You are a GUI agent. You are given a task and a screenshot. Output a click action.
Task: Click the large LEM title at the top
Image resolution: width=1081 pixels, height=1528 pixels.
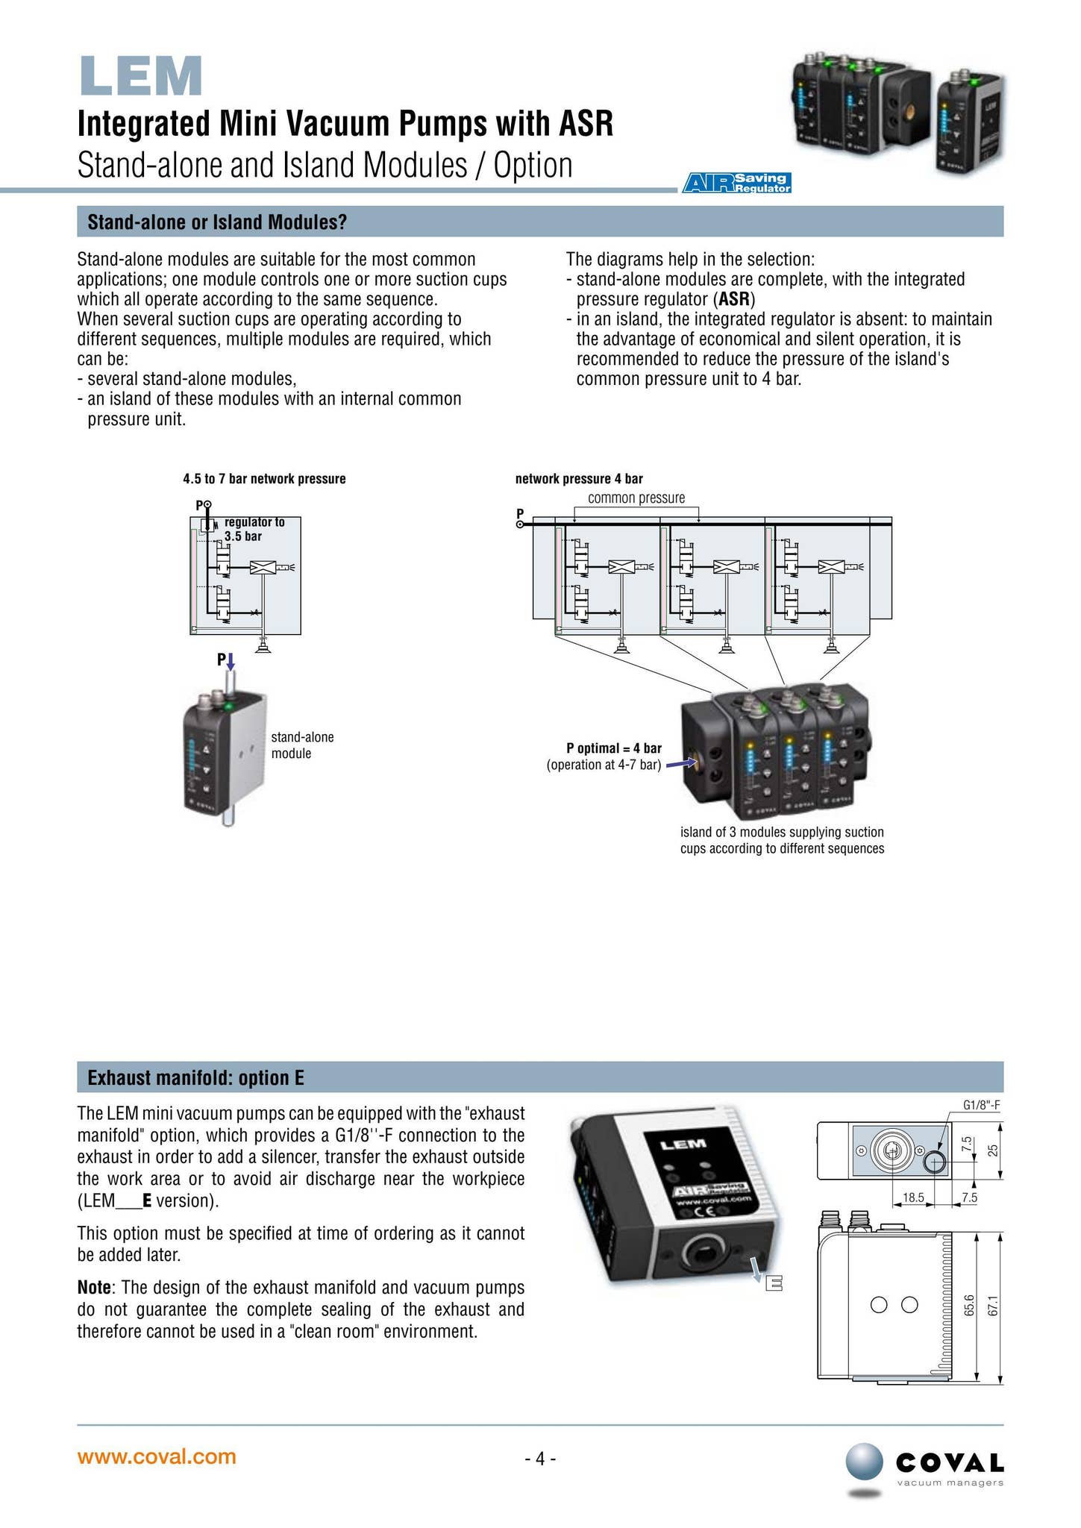click(141, 77)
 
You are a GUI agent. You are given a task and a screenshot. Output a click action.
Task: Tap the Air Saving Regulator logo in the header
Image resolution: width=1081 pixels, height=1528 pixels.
click(736, 183)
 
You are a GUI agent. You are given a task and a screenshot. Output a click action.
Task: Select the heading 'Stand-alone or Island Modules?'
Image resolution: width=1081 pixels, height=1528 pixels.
click(217, 222)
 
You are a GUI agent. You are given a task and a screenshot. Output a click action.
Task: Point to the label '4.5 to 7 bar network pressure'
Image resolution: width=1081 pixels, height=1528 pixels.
click(264, 479)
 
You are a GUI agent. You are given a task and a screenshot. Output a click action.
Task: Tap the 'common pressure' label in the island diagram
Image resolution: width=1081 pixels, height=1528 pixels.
click(636, 498)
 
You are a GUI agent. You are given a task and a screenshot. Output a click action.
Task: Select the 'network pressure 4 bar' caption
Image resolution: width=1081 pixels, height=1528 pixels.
click(579, 479)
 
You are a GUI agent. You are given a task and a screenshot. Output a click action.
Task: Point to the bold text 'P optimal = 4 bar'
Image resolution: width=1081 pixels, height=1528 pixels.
click(613, 748)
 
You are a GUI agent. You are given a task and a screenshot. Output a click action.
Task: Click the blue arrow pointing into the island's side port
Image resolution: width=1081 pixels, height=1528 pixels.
click(680, 764)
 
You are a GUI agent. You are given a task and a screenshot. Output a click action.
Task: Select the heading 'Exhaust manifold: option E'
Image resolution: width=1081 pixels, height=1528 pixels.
click(195, 1078)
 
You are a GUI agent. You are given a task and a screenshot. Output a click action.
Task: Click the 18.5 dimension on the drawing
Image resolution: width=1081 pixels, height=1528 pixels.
click(912, 1197)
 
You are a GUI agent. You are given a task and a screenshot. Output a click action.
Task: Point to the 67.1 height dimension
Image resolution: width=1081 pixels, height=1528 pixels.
click(992, 1306)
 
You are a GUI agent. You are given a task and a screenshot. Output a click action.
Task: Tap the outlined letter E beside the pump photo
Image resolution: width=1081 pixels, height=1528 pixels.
click(774, 1285)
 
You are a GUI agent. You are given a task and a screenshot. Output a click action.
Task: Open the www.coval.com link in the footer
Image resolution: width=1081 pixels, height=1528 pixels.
click(157, 1456)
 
